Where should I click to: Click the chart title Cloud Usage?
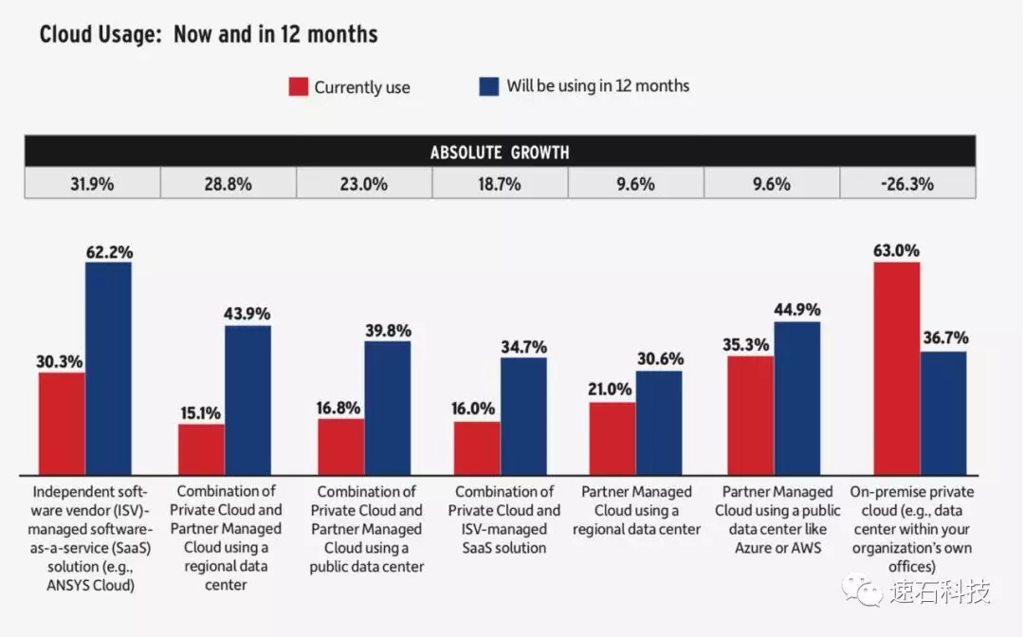pyautogui.click(x=209, y=35)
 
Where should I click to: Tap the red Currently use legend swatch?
pyautogui.click(x=299, y=87)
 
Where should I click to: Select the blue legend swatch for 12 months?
pyautogui.click(x=488, y=86)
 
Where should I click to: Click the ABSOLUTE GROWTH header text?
pyautogui.click(x=500, y=153)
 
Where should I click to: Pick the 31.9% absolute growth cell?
pyautogui.click(x=92, y=184)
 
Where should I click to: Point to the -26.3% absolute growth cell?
pyautogui.click(x=907, y=184)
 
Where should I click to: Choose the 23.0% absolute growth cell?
pyautogui.click(x=364, y=184)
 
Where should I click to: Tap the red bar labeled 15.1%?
pyautogui.click(x=201, y=449)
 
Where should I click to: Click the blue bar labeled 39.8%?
pyautogui.click(x=388, y=408)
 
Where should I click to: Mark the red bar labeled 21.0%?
pyautogui.click(x=613, y=438)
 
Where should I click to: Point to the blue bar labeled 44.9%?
pyautogui.click(x=797, y=398)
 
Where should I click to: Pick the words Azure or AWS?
pyautogui.click(x=777, y=548)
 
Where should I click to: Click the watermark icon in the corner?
pyautogui.click(x=866, y=591)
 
